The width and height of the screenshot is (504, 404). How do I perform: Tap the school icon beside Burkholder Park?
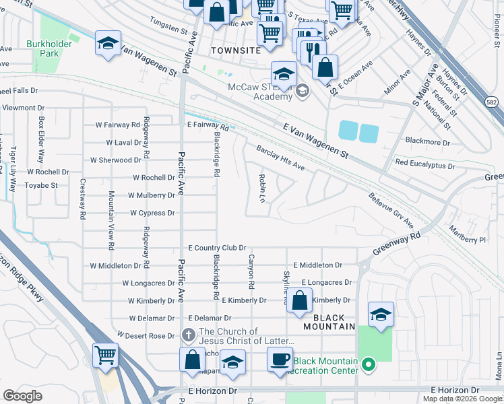point(108,44)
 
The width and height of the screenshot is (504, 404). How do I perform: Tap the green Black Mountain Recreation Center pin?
point(367,366)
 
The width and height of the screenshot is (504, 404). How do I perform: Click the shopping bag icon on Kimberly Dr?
point(301,300)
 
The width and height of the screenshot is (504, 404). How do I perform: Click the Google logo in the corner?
point(23,396)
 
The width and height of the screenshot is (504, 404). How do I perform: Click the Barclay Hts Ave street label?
point(280,158)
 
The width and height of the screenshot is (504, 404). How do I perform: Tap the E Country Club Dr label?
point(217,248)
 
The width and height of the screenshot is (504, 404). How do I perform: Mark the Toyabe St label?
point(41,184)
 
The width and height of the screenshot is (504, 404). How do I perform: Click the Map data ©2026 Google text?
point(463,399)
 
